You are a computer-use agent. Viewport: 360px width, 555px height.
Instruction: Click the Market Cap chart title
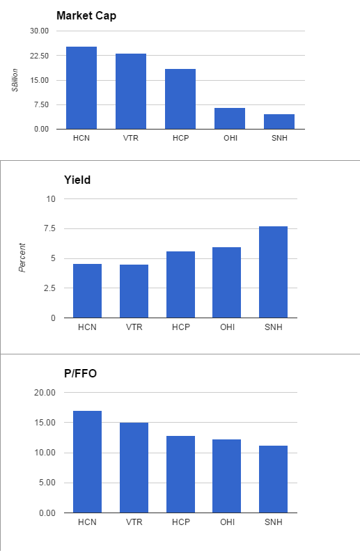[x=86, y=16]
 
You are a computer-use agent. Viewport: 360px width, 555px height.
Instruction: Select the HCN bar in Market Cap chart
[x=81, y=88]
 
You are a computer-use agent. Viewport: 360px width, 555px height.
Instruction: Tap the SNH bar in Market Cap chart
[x=279, y=121]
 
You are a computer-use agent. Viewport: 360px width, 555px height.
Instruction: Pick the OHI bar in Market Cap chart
[x=229, y=118]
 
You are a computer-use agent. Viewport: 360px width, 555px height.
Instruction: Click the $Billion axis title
[x=15, y=80]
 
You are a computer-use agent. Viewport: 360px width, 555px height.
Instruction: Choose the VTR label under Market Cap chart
[x=130, y=138]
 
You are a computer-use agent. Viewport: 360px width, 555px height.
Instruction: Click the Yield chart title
[x=77, y=180]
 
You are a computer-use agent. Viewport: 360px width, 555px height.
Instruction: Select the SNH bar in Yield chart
[x=273, y=272]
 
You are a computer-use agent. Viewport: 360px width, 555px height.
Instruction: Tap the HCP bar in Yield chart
[x=180, y=285]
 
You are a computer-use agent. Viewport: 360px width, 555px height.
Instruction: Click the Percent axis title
[x=22, y=258]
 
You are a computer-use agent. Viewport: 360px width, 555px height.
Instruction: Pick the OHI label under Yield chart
[x=226, y=327]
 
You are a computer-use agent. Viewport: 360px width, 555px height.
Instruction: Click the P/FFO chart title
[x=80, y=373]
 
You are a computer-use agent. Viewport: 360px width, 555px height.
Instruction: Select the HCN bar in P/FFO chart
[x=87, y=462]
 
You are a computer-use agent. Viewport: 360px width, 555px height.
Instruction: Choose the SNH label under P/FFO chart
[x=273, y=522]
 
